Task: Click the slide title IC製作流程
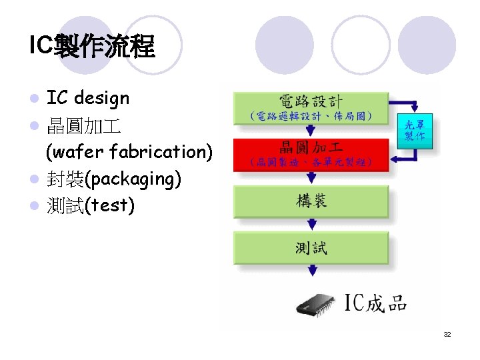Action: point(92,47)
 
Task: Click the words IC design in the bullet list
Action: point(87,99)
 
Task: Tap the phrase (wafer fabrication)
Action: point(129,152)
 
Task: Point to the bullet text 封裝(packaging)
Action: point(114,179)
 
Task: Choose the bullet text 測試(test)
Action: point(90,205)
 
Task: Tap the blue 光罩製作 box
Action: point(416,130)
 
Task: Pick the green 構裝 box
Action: point(311,201)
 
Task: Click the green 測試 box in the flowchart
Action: point(311,248)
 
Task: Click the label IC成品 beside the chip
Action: point(375,304)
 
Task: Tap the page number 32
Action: point(447,334)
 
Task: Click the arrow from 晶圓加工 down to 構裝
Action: point(311,177)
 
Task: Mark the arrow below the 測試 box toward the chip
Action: point(311,271)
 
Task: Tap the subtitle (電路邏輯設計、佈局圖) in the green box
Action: point(311,117)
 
